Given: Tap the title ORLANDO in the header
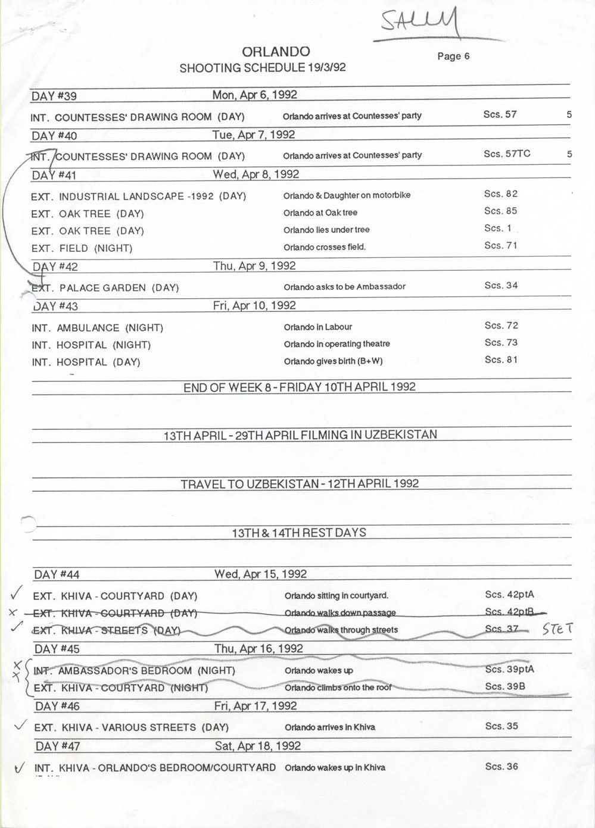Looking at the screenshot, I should [x=276, y=52].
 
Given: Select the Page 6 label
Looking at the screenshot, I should [x=453, y=56].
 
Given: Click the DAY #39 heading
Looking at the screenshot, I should [x=54, y=96].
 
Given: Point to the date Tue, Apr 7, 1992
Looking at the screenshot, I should [x=254, y=135].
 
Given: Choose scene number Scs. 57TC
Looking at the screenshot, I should [x=507, y=154].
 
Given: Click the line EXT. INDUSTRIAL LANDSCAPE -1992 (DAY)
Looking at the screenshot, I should [x=138, y=196].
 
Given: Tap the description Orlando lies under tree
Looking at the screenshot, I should [x=326, y=230].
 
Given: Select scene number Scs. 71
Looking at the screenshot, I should [x=501, y=245].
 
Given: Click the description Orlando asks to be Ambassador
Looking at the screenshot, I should [x=344, y=287].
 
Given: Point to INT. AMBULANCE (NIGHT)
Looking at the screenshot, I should [x=98, y=327].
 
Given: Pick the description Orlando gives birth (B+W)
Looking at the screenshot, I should [x=333, y=361].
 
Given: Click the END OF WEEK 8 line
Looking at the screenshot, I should [x=300, y=387].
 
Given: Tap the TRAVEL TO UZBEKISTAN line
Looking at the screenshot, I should [x=300, y=483].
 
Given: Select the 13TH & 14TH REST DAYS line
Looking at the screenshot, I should [x=299, y=532].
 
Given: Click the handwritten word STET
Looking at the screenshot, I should [x=557, y=629].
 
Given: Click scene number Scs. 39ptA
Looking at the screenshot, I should [x=509, y=669].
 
